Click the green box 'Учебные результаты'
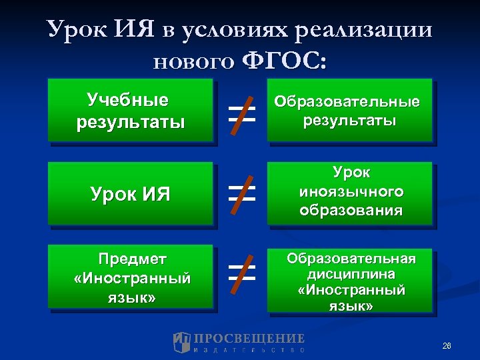131,111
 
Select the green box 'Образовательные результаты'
349,111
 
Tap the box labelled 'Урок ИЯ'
131,194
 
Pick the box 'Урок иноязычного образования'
349,193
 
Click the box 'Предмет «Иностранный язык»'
131,278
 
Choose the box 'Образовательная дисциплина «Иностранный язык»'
349,281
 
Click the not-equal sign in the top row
241,111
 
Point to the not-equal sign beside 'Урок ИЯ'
241,193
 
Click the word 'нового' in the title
193,61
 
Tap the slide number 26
447,345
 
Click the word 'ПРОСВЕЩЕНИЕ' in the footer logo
249,338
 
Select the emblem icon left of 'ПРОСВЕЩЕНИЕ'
182,342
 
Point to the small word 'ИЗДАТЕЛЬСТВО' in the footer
249,349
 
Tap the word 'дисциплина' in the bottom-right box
351,274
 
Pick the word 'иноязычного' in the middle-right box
351,193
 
